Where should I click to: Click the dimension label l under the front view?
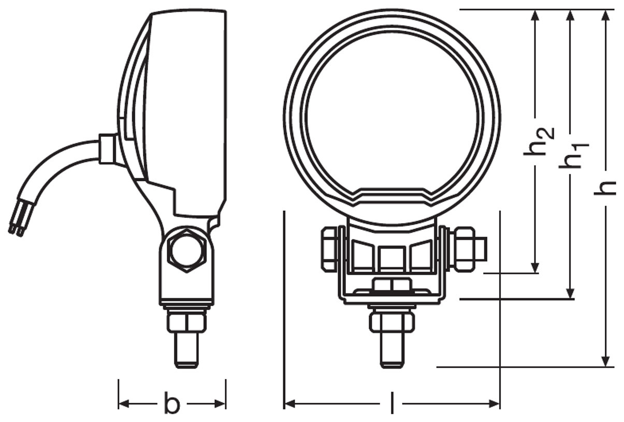(392, 403)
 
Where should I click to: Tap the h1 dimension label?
(574, 156)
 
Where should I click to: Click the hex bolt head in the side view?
(187, 251)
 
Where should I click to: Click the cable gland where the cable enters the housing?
(107, 149)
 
